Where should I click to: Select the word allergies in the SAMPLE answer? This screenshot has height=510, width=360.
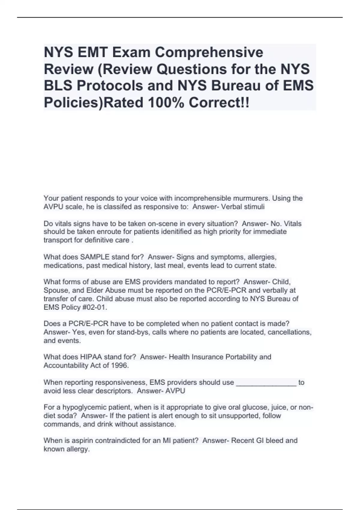coord(262,257)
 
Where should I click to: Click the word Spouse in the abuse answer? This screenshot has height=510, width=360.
coord(56,290)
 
